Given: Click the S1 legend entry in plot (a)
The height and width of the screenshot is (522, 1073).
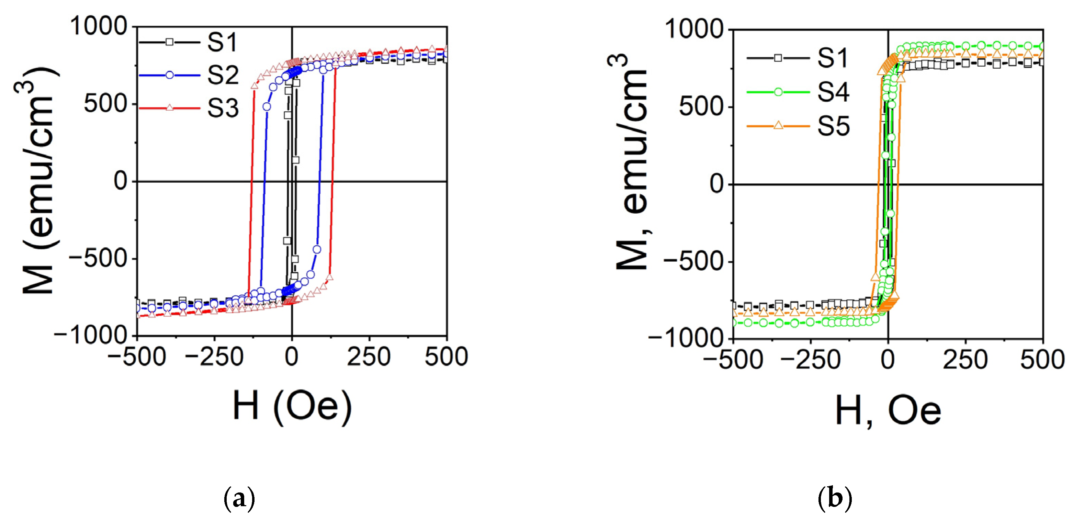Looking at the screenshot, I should tap(223, 42).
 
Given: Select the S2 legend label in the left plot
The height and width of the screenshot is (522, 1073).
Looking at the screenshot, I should tap(223, 76).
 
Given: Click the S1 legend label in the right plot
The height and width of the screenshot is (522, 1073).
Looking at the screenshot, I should tap(832, 58).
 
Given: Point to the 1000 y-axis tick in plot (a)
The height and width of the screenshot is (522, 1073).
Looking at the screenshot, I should tap(98, 26).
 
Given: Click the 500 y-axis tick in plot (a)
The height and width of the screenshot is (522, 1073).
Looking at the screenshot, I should tap(105, 104).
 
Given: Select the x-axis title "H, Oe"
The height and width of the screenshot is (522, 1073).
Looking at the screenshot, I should tap(888, 411).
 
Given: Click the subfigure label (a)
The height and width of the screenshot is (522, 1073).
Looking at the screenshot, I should tap(239, 498).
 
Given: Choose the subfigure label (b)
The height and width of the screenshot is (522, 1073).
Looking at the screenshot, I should tap(835, 498).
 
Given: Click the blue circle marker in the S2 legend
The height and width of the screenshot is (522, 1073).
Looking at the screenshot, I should tap(170, 75).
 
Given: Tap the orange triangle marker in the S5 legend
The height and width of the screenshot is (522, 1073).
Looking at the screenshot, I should tap(778, 125).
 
